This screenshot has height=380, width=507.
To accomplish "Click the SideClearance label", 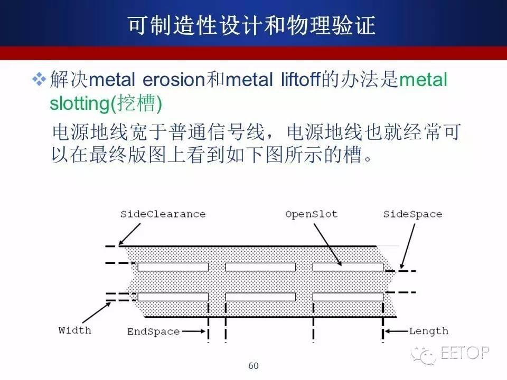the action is [x=163, y=214].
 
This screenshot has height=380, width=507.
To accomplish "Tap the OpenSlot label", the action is [x=312, y=214].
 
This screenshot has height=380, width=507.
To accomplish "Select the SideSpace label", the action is [x=412, y=214].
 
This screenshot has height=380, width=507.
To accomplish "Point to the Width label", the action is [x=74, y=330].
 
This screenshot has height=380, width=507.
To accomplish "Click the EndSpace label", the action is [x=153, y=331].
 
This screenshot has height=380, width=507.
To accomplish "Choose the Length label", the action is [x=429, y=331].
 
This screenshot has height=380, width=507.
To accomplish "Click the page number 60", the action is [x=253, y=366].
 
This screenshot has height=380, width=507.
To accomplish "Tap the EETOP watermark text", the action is [x=465, y=353].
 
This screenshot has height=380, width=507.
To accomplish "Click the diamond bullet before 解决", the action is [x=39, y=79].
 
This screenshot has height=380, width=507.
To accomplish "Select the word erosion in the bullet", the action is [x=174, y=80].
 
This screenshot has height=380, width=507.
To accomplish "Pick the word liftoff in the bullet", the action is [x=301, y=79].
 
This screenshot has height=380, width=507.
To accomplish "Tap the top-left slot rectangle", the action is [x=173, y=267].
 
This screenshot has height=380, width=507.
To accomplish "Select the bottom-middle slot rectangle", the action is [x=260, y=297].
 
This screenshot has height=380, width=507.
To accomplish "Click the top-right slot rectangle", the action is [x=348, y=267].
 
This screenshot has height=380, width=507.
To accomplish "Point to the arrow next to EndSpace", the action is [x=194, y=331].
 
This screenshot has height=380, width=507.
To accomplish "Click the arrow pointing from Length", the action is [x=397, y=331].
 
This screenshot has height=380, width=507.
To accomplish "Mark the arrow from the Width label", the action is [x=97, y=312].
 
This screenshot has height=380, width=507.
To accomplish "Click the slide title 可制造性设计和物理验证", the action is [x=251, y=25].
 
